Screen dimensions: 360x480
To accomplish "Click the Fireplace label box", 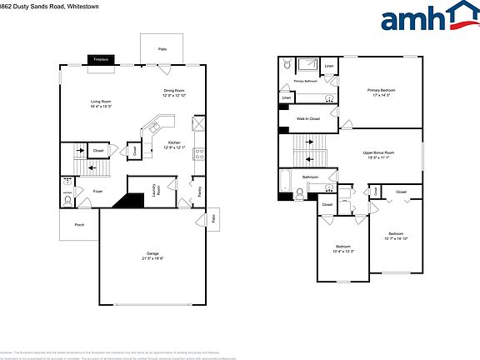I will click(102, 60).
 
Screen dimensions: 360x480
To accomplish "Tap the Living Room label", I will click(101, 103).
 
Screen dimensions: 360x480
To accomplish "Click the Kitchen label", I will click(175, 145).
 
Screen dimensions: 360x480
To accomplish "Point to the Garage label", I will click(152, 255).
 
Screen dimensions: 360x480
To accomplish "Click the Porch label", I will click(79, 224).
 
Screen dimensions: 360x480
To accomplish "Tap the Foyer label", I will click(97, 191).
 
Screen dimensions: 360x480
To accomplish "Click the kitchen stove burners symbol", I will click(199, 152).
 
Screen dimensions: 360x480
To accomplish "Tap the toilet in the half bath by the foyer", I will click(67, 192).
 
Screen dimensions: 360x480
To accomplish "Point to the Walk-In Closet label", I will click(308, 119).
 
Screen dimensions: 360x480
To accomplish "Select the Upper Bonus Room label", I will click(378, 155).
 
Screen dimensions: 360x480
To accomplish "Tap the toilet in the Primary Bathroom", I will click(286, 64).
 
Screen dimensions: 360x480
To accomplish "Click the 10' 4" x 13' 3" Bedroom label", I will click(343, 248).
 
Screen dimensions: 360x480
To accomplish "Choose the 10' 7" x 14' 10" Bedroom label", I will click(395, 236).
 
